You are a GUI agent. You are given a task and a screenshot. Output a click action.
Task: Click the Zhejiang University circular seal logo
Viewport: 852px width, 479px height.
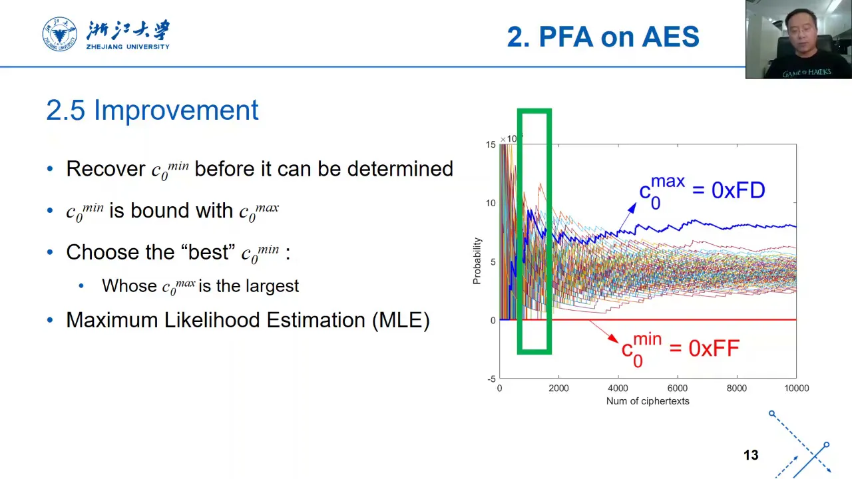coord(60,34)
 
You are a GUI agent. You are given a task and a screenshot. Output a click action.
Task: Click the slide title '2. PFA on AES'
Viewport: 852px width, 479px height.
coord(603,37)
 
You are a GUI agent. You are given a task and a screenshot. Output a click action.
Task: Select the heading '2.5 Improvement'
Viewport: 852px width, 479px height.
coord(152,110)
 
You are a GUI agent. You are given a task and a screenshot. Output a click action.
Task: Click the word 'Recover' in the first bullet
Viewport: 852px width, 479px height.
coord(106,168)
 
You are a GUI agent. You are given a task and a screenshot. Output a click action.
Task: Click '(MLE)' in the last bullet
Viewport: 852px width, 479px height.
coord(401,320)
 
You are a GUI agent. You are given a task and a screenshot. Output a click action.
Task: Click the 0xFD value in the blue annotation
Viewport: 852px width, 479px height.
coord(738,190)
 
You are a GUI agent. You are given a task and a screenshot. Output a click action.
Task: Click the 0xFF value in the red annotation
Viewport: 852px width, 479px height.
coord(714,348)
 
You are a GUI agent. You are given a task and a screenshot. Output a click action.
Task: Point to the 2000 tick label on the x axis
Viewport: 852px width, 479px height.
coord(558,388)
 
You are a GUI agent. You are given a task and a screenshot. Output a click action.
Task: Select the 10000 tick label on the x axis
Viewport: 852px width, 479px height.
coord(797,388)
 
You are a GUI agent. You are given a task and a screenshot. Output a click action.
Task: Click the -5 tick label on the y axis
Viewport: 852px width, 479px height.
coord(492,379)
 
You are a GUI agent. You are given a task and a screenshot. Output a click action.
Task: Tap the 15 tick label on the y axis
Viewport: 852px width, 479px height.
coord(491,144)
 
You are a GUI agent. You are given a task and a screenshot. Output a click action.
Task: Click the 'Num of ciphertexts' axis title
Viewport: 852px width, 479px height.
coord(648,401)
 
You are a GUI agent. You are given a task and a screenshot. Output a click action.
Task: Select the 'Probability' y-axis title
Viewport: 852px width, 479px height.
coord(477,261)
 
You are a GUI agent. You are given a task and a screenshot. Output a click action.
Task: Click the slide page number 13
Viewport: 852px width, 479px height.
coord(751,455)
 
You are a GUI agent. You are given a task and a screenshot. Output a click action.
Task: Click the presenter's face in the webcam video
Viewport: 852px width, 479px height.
coord(801,33)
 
